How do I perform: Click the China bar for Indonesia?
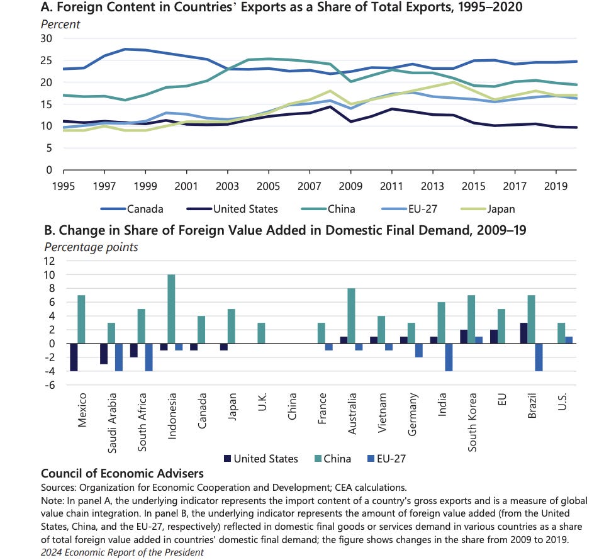[x=171, y=309]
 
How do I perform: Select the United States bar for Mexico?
[x=73, y=357]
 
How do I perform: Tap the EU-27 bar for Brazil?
[x=540, y=357]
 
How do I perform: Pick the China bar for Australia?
[x=351, y=316]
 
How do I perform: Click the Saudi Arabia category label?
[x=112, y=418]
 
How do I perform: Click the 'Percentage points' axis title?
[x=89, y=247]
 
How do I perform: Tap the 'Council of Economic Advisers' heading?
[x=122, y=473]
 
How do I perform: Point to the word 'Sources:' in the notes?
[x=59, y=487]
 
